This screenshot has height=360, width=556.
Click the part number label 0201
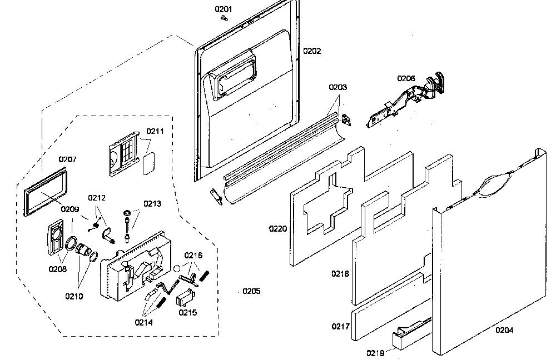pyautogui.click(x=224, y=9)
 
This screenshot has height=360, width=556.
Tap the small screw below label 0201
pyautogui.click(x=224, y=18)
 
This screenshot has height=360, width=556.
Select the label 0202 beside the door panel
pyautogui.click(x=312, y=51)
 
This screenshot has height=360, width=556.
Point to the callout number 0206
pyautogui.click(x=406, y=78)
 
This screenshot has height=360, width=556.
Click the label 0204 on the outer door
pyautogui.click(x=504, y=330)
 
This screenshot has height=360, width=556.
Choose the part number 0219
pyautogui.click(x=375, y=353)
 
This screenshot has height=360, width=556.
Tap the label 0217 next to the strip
pyautogui.click(x=341, y=326)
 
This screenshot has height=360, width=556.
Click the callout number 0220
pyautogui.click(x=278, y=228)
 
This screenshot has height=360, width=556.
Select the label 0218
pyautogui.click(x=340, y=273)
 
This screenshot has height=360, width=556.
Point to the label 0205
pyautogui.click(x=251, y=291)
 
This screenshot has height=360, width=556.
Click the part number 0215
pyautogui.click(x=187, y=312)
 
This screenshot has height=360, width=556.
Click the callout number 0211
pyautogui.click(x=155, y=131)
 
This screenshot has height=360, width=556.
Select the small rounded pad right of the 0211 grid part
pyautogui.click(x=149, y=164)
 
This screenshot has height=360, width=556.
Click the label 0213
pyautogui.click(x=152, y=204)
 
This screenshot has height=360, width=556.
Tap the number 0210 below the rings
pyautogui.click(x=74, y=296)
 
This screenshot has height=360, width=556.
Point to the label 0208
pyautogui.click(x=58, y=269)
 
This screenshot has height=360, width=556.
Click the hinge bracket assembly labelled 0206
pyautogui.click(x=404, y=101)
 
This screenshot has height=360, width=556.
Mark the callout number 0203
pyautogui.click(x=337, y=87)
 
